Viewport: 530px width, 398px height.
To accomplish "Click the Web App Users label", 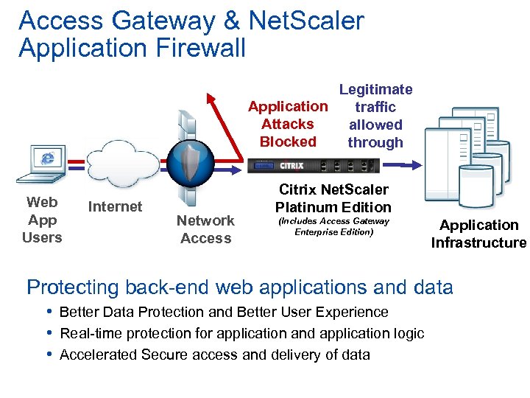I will (x=42, y=220).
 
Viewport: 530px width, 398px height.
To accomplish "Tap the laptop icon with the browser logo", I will (x=46, y=164).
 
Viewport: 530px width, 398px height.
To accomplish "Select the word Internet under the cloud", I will (x=115, y=207).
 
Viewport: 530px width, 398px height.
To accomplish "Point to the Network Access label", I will (x=205, y=229).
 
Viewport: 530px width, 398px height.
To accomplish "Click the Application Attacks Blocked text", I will (x=288, y=124).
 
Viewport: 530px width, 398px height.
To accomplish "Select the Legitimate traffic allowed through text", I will (x=375, y=116).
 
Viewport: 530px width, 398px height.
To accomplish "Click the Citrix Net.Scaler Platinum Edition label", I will (x=333, y=198).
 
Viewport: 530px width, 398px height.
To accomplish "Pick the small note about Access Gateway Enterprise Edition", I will (x=333, y=226).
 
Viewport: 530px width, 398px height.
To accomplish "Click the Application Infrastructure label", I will (x=478, y=234).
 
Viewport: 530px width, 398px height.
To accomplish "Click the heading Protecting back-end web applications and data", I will (x=239, y=287).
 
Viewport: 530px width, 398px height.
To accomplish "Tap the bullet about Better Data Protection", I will (x=224, y=312).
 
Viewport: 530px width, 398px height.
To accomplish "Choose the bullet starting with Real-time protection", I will (x=241, y=333).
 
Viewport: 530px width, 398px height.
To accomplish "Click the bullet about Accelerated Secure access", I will (x=214, y=355).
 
